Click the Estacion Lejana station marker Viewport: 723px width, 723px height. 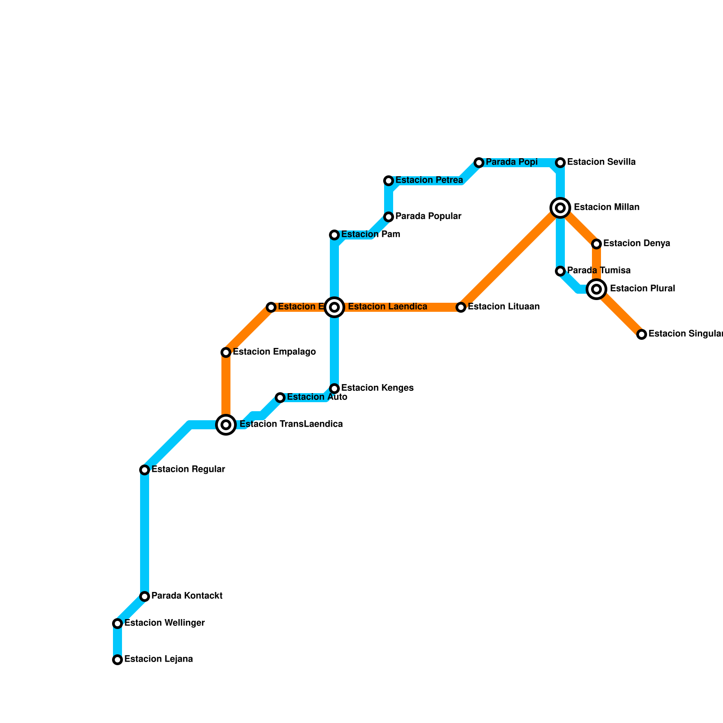click(117, 660)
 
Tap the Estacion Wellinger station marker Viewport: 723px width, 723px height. click(117, 624)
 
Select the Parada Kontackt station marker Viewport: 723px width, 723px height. click(145, 596)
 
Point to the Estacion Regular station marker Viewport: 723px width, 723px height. click(145, 470)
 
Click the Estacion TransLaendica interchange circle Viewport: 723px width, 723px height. click(226, 425)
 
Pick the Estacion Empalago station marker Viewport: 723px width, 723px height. click(226, 352)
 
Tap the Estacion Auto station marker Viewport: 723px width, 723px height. click(280, 398)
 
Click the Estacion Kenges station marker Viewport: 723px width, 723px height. click(334, 389)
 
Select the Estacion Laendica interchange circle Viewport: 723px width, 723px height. click(334, 307)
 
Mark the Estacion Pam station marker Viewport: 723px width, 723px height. click(334, 235)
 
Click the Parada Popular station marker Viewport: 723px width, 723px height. click(389, 217)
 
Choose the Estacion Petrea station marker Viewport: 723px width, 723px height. click(389, 181)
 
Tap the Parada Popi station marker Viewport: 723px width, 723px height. click(479, 163)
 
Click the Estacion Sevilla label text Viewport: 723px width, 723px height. click(601, 162)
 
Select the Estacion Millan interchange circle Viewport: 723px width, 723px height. click(560, 208)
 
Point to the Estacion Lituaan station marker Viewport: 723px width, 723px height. click(461, 307)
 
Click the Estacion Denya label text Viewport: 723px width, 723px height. click(636, 244)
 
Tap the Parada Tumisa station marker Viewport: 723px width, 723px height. click(560, 271)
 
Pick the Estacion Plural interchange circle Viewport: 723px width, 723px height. click(596, 289)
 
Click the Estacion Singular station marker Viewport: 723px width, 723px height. click(642, 334)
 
